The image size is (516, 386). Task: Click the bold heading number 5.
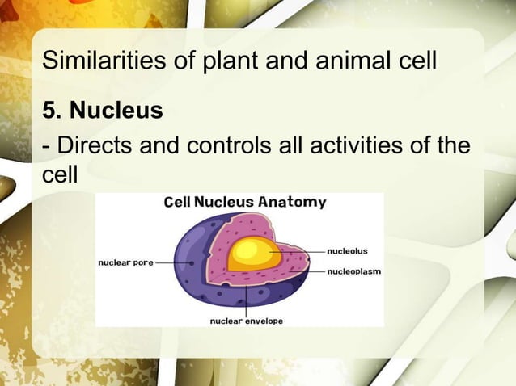click(51, 110)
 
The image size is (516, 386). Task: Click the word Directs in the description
click(96, 148)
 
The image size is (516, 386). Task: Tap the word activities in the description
click(358, 148)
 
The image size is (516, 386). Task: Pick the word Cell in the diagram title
click(176, 202)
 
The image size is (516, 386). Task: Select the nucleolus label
click(348, 251)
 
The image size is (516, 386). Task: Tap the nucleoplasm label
click(354, 271)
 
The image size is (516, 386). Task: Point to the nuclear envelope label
click(247, 321)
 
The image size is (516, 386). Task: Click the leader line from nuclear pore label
click(171, 262)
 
